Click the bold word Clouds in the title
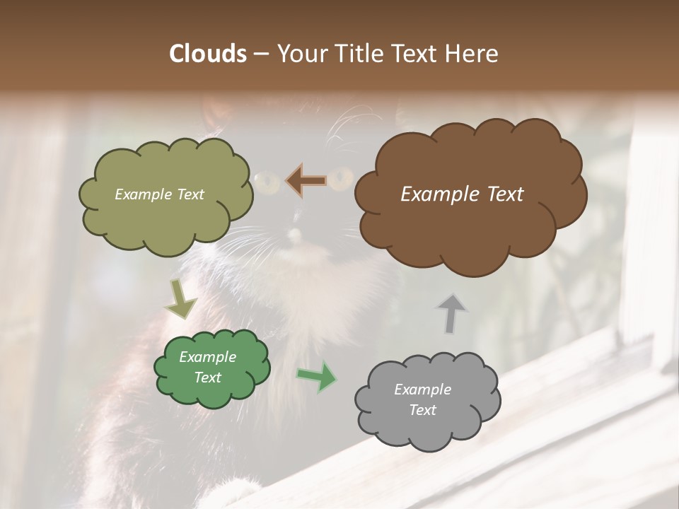tap(207, 54)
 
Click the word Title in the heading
tap(359, 54)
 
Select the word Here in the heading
tap(472, 54)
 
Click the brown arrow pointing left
tap(306, 181)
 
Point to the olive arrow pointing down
tap(180, 299)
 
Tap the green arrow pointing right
tap(317, 376)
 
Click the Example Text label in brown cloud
tap(462, 194)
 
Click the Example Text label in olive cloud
tap(159, 194)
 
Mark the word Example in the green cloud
tap(207, 357)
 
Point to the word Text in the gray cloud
tap(422, 410)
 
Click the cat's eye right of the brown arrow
tap(342, 178)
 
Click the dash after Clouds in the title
tap(260, 54)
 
